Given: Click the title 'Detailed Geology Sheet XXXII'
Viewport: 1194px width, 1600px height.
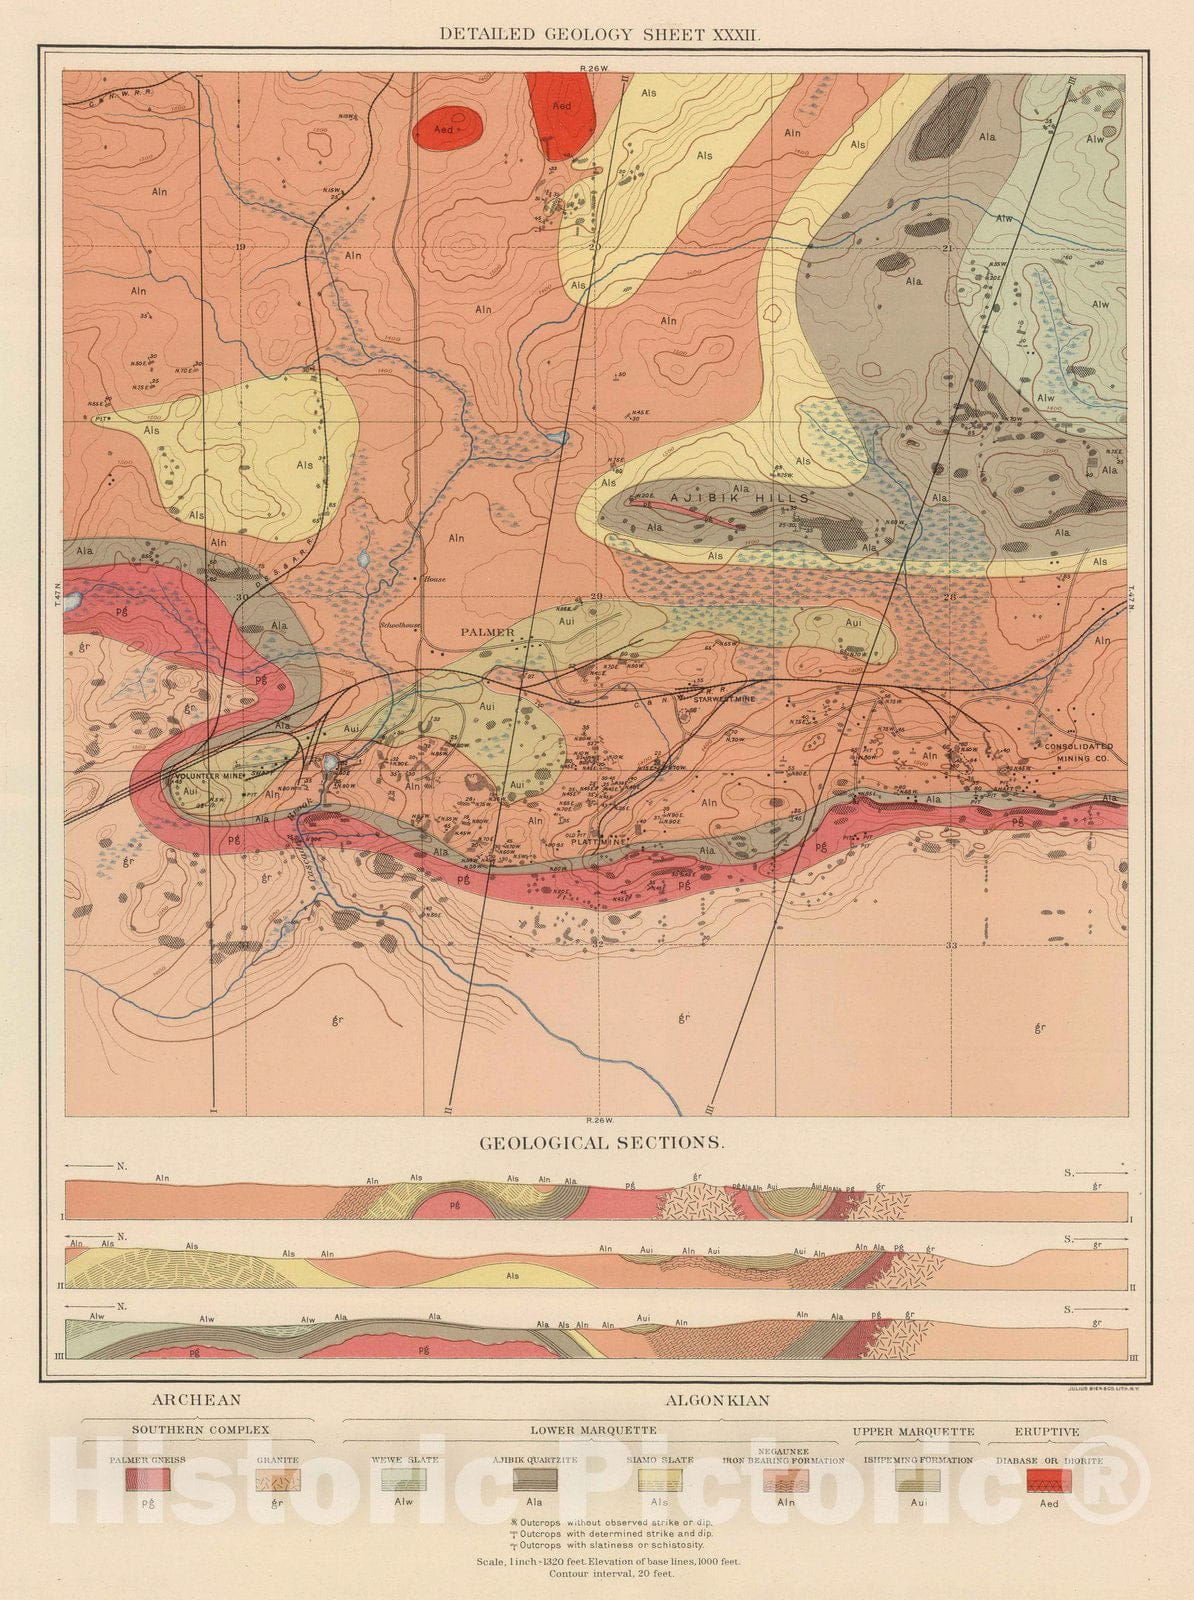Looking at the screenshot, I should point(601,34).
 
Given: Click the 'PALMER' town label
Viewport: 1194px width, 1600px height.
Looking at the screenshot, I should point(487,632).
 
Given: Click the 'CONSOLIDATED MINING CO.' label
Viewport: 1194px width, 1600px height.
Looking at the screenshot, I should point(1078,753).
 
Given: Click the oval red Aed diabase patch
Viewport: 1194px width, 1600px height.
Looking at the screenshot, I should point(448,128).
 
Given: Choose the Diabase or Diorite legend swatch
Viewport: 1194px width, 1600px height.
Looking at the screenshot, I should point(1049,1480).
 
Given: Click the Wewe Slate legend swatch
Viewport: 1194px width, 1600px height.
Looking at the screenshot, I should point(404,1480).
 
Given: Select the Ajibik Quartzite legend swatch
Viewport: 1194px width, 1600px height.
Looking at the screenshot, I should point(534,1480).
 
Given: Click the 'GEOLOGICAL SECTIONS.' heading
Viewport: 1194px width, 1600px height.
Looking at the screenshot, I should point(601,1142).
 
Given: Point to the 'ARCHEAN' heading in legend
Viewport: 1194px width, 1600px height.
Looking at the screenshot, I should point(196,1400).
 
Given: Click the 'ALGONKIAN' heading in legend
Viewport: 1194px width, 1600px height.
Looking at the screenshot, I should point(717,1400).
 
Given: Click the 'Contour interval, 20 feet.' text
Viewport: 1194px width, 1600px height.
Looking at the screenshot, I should point(611,1574).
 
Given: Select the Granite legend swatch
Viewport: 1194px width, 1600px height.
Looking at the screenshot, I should point(277,1480).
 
